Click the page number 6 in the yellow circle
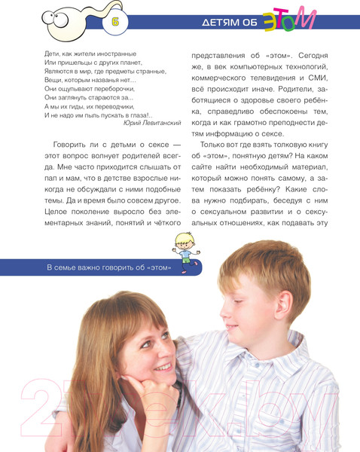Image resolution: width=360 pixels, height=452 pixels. pyautogui.click(x=115, y=23)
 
